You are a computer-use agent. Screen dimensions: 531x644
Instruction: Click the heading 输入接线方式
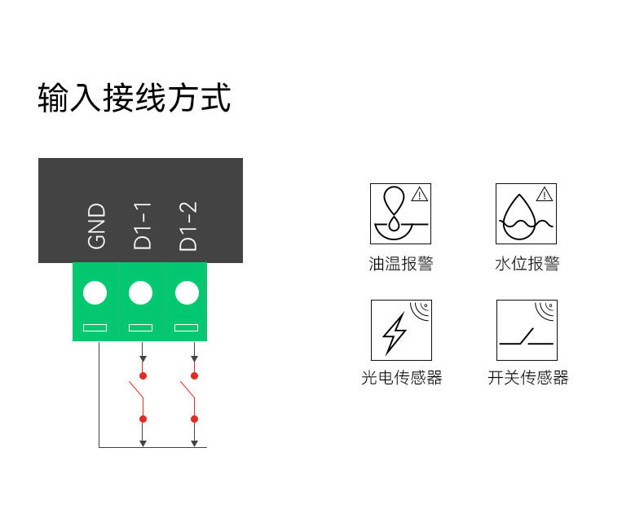(135, 98)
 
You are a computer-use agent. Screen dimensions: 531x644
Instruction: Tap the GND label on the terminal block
(96, 226)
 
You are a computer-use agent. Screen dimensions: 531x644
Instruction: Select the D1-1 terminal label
(142, 226)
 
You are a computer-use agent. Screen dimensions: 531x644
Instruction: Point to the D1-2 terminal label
(187, 226)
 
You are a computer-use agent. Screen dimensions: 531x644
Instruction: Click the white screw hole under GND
(95, 292)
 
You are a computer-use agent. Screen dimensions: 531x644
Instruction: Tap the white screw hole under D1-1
(141, 292)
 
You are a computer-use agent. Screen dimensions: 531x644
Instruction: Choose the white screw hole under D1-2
(187, 292)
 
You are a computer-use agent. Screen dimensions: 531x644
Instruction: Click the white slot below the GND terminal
(95, 327)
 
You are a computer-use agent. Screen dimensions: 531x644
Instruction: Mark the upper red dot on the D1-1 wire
(143, 375)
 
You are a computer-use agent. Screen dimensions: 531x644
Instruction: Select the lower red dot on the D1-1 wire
(143, 419)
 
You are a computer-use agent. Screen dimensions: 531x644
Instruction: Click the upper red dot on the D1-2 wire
(194, 375)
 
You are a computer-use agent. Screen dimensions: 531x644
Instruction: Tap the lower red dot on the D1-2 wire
(194, 419)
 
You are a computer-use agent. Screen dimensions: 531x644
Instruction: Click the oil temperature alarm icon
(400, 213)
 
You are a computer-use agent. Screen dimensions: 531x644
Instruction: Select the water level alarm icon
(526, 213)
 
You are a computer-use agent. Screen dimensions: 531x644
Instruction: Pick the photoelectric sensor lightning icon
(400, 330)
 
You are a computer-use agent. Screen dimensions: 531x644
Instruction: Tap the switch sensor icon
(526, 330)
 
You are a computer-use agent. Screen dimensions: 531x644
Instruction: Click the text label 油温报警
(400, 264)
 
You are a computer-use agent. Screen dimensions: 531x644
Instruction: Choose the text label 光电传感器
(401, 378)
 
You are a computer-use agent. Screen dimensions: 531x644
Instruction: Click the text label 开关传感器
(527, 378)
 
